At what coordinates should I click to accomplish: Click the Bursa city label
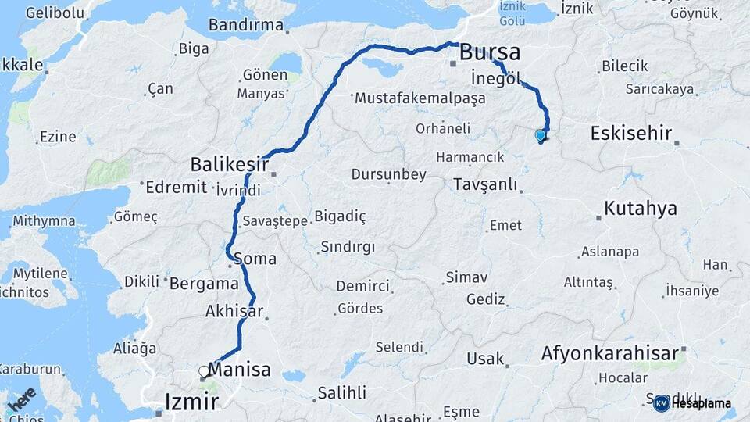pos(490,53)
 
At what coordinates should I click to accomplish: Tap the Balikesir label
pos(229,165)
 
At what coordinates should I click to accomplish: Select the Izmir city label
pos(191,402)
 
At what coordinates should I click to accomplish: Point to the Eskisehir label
pos(631,133)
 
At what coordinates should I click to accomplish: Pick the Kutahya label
pos(639,209)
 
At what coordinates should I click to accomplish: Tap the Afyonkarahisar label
pos(610,353)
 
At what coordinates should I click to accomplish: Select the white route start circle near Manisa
pos(204,372)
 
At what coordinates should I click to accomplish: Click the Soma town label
pos(255,258)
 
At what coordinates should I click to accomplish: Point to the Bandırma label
pos(246,25)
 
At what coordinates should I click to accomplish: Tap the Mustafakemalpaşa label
pos(420,99)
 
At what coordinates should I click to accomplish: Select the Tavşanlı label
pos(485,184)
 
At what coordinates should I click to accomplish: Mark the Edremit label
pos(177,188)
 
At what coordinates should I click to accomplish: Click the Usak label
pos(485,359)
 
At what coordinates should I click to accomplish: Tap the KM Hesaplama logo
pos(692,403)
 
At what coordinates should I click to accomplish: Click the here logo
pos(21,399)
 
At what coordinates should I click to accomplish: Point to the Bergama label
pos(204,283)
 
